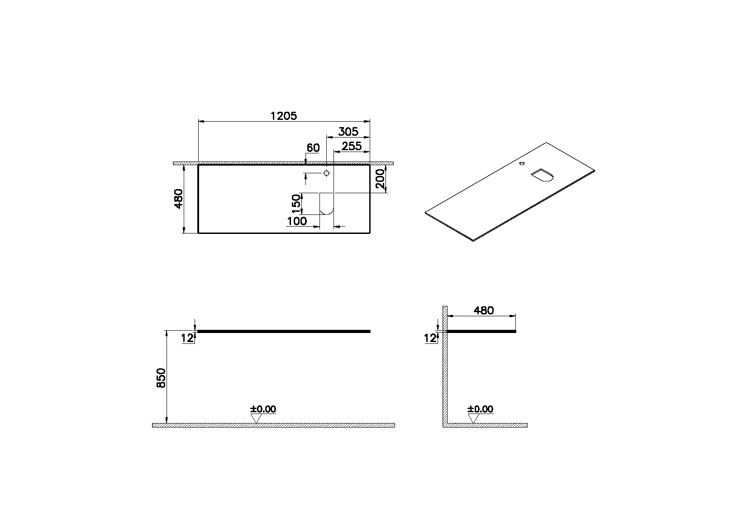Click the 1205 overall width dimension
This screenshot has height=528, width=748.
(x=283, y=116)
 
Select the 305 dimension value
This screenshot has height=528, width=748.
(x=348, y=132)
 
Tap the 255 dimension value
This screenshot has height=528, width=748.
(x=352, y=146)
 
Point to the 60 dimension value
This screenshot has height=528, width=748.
(x=313, y=148)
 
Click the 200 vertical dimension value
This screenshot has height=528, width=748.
(x=381, y=179)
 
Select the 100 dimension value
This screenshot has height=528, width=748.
(x=297, y=221)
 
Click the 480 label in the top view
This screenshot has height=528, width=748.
(x=178, y=199)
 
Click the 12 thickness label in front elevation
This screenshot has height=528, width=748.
(x=187, y=338)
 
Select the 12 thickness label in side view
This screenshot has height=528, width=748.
(x=430, y=338)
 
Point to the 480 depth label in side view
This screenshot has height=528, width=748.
(x=483, y=310)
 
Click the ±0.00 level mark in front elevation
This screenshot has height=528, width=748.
(x=263, y=409)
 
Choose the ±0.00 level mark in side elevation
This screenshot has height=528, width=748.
(x=480, y=409)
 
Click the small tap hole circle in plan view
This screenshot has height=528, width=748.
(x=327, y=173)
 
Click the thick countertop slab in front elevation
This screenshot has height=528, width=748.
(x=284, y=332)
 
